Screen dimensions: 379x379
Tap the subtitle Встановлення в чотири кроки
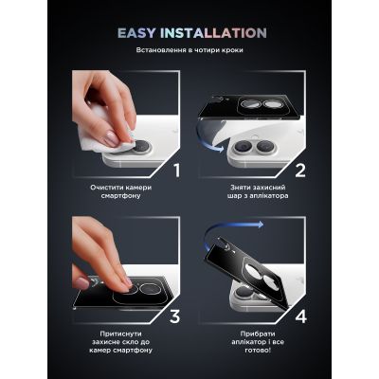pos(189,52)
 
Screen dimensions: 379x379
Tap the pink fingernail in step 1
pos(110,138)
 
